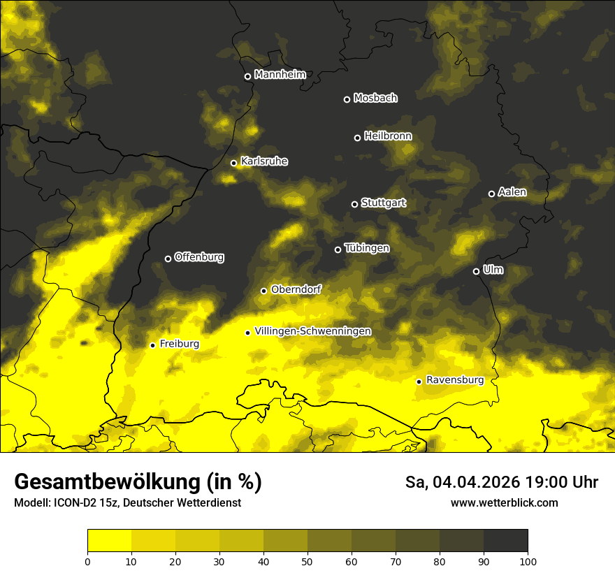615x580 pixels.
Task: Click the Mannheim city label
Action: coord(280,75)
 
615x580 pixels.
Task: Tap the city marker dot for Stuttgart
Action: coord(354,204)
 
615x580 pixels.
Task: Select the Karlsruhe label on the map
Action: coord(264,161)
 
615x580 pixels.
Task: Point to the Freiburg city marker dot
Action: coord(152,345)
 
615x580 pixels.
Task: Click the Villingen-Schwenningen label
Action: coord(313,331)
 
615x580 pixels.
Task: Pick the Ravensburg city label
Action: coord(455,380)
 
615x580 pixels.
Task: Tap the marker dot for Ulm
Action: coord(476,271)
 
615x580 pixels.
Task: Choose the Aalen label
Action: coord(512,192)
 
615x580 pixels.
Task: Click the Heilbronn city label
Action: coord(388,136)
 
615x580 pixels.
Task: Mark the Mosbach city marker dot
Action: coord(347,99)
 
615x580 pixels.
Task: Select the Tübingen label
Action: coord(367,248)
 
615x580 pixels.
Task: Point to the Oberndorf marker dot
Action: coord(263,291)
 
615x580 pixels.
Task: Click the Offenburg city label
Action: coord(199,257)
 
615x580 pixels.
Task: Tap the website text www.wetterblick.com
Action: coord(504,502)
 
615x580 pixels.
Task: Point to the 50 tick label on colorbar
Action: coord(307,561)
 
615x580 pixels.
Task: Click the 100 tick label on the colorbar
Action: coord(528,561)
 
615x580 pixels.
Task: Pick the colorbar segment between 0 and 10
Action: coord(109,540)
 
